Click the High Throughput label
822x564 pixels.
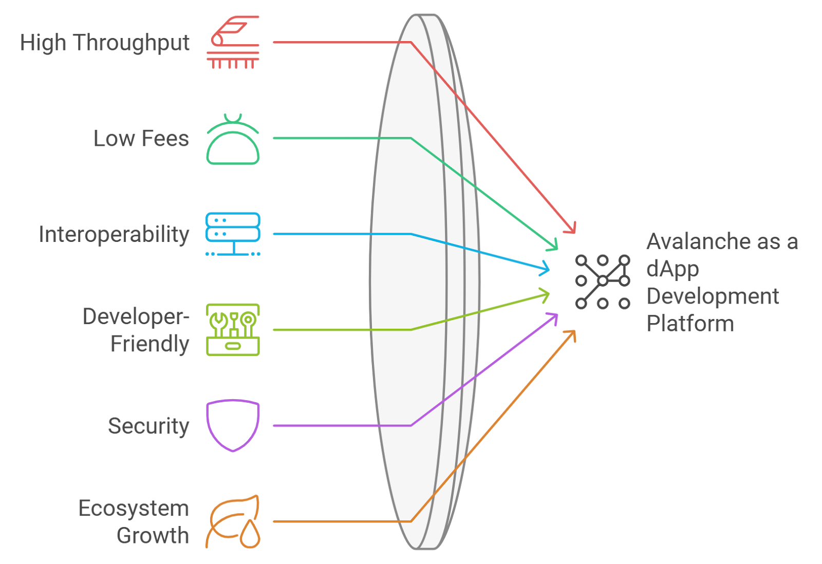pos(105,43)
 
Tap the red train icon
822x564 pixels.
pos(233,43)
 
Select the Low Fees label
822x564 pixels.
pos(141,139)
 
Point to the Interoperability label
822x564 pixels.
pos(114,235)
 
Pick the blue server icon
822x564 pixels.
pos(233,234)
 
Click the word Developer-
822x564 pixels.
pos(136,317)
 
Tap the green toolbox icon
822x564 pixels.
pos(233,330)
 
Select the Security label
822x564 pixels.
pos(148,426)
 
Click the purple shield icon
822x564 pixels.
pos(233,425)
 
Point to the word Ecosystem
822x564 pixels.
pos(134,509)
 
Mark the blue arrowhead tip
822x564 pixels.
pos(549,269)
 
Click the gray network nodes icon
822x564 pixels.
pos(603,281)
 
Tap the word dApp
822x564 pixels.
pos(672,269)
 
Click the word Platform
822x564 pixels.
pos(690,324)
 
